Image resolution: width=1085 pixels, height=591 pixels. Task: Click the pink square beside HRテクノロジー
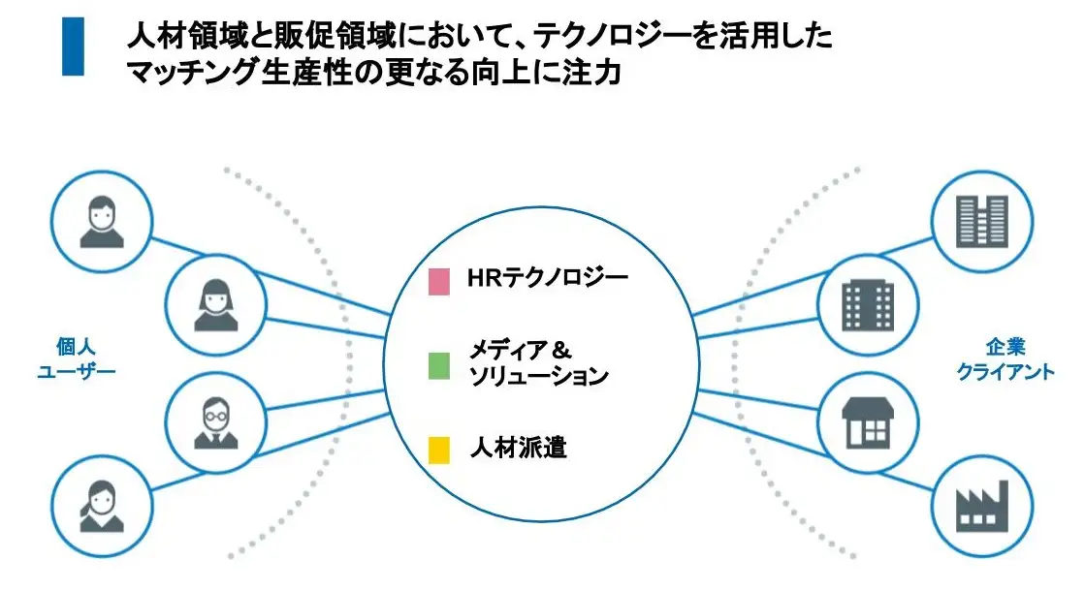tap(438, 281)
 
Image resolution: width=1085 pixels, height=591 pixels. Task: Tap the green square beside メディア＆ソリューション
tap(438, 365)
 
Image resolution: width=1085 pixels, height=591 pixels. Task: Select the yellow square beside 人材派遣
tap(438, 450)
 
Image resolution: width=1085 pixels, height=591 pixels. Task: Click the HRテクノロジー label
tap(547, 279)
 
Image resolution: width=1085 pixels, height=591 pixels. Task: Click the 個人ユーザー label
tap(76, 358)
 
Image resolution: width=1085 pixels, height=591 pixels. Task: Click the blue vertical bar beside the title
tap(74, 47)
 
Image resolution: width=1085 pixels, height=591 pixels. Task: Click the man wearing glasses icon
tap(215, 420)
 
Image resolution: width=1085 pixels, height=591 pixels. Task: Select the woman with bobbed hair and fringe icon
tap(215, 304)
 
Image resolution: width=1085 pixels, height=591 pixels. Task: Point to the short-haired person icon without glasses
tap(102, 221)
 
